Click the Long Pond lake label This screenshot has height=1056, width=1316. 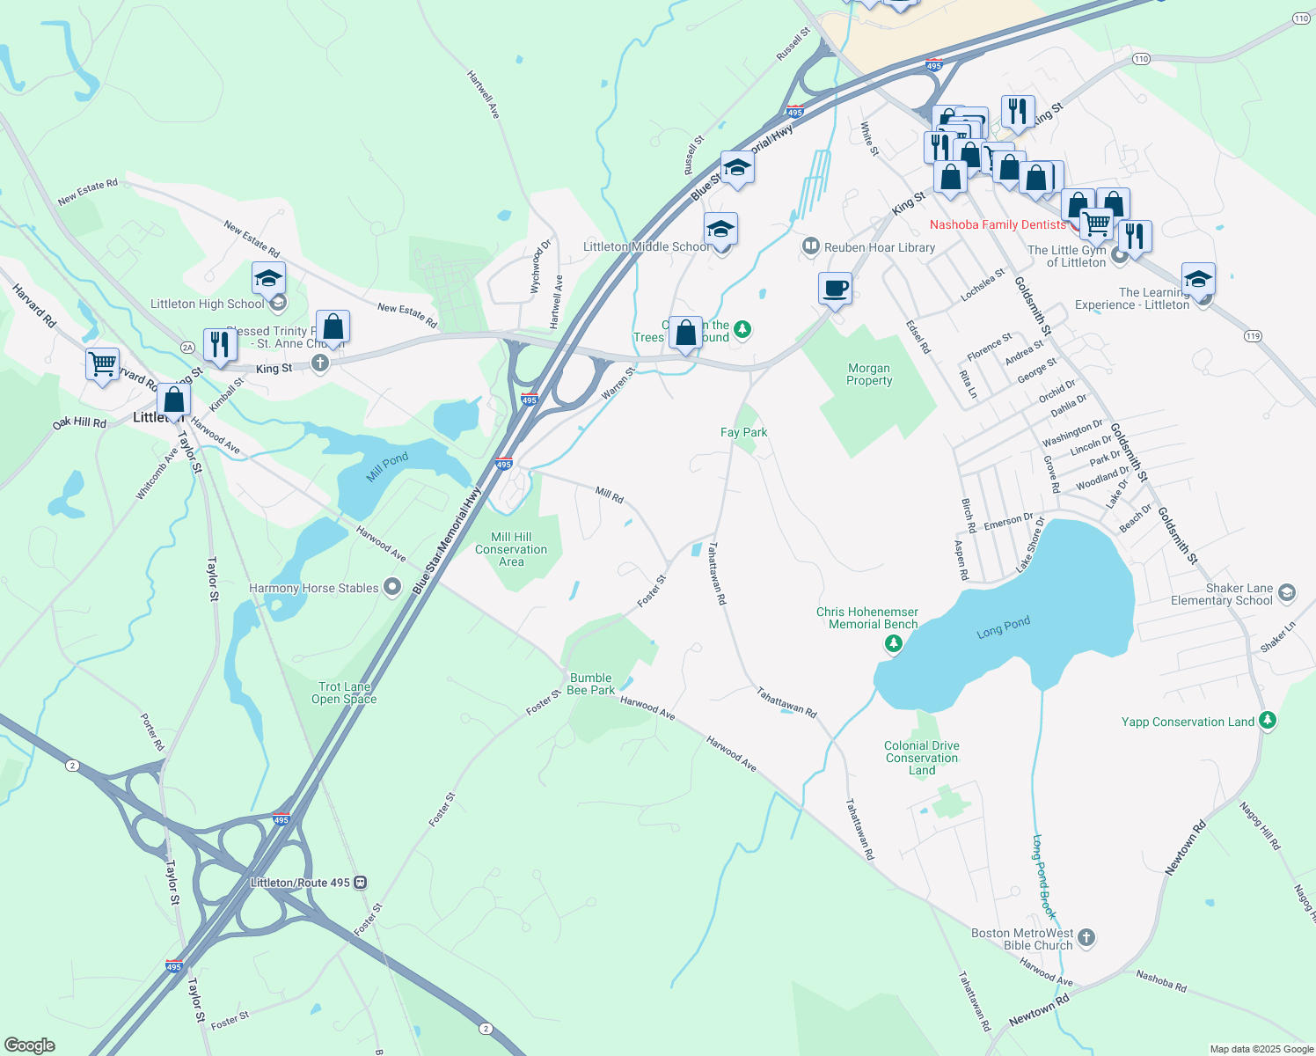pyautogui.click(x=1003, y=627)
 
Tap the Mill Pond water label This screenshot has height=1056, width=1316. pyautogui.click(x=388, y=466)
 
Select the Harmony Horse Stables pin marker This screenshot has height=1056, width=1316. pyautogui.click(x=392, y=587)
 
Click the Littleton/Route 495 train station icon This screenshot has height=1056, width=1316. pyautogui.click(x=361, y=883)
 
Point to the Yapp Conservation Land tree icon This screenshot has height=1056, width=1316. pyautogui.click(x=1267, y=721)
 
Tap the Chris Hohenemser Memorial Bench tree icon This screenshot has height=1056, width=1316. pyautogui.click(x=894, y=644)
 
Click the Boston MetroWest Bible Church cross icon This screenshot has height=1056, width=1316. pyautogui.click(x=1086, y=938)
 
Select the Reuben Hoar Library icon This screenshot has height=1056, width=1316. pyautogui.click(x=810, y=247)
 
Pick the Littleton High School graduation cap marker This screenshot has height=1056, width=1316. pyautogui.click(x=268, y=280)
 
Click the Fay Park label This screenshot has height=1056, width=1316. pyautogui.click(x=743, y=432)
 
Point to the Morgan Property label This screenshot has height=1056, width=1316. pyautogui.click(x=869, y=375)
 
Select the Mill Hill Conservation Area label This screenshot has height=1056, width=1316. pyautogui.click(x=511, y=549)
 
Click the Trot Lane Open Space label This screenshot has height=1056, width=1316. pyautogui.click(x=344, y=693)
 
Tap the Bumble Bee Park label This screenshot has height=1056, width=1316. pyautogui.click(x=590, y=684)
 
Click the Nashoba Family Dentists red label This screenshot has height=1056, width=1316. pyautogui.click(x=998, y=224)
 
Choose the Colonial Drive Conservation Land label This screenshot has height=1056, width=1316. pyautogui.click(x=922, y=758)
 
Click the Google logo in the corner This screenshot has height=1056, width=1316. pyautogui.click(x=30, y=1045)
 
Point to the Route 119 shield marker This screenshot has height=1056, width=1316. pyautogui.click(x=1253, y=336)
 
